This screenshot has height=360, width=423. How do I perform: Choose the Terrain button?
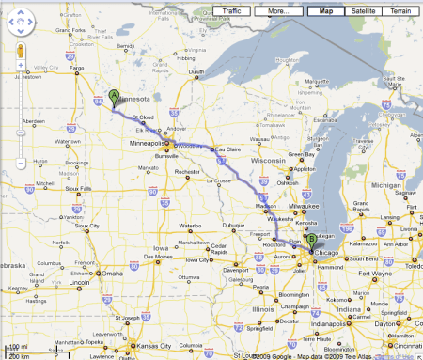point(401,10)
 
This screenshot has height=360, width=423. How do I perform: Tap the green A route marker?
point(114,96)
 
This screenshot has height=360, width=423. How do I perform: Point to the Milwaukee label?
point(307,205)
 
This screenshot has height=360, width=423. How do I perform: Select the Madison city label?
point(267,206)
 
